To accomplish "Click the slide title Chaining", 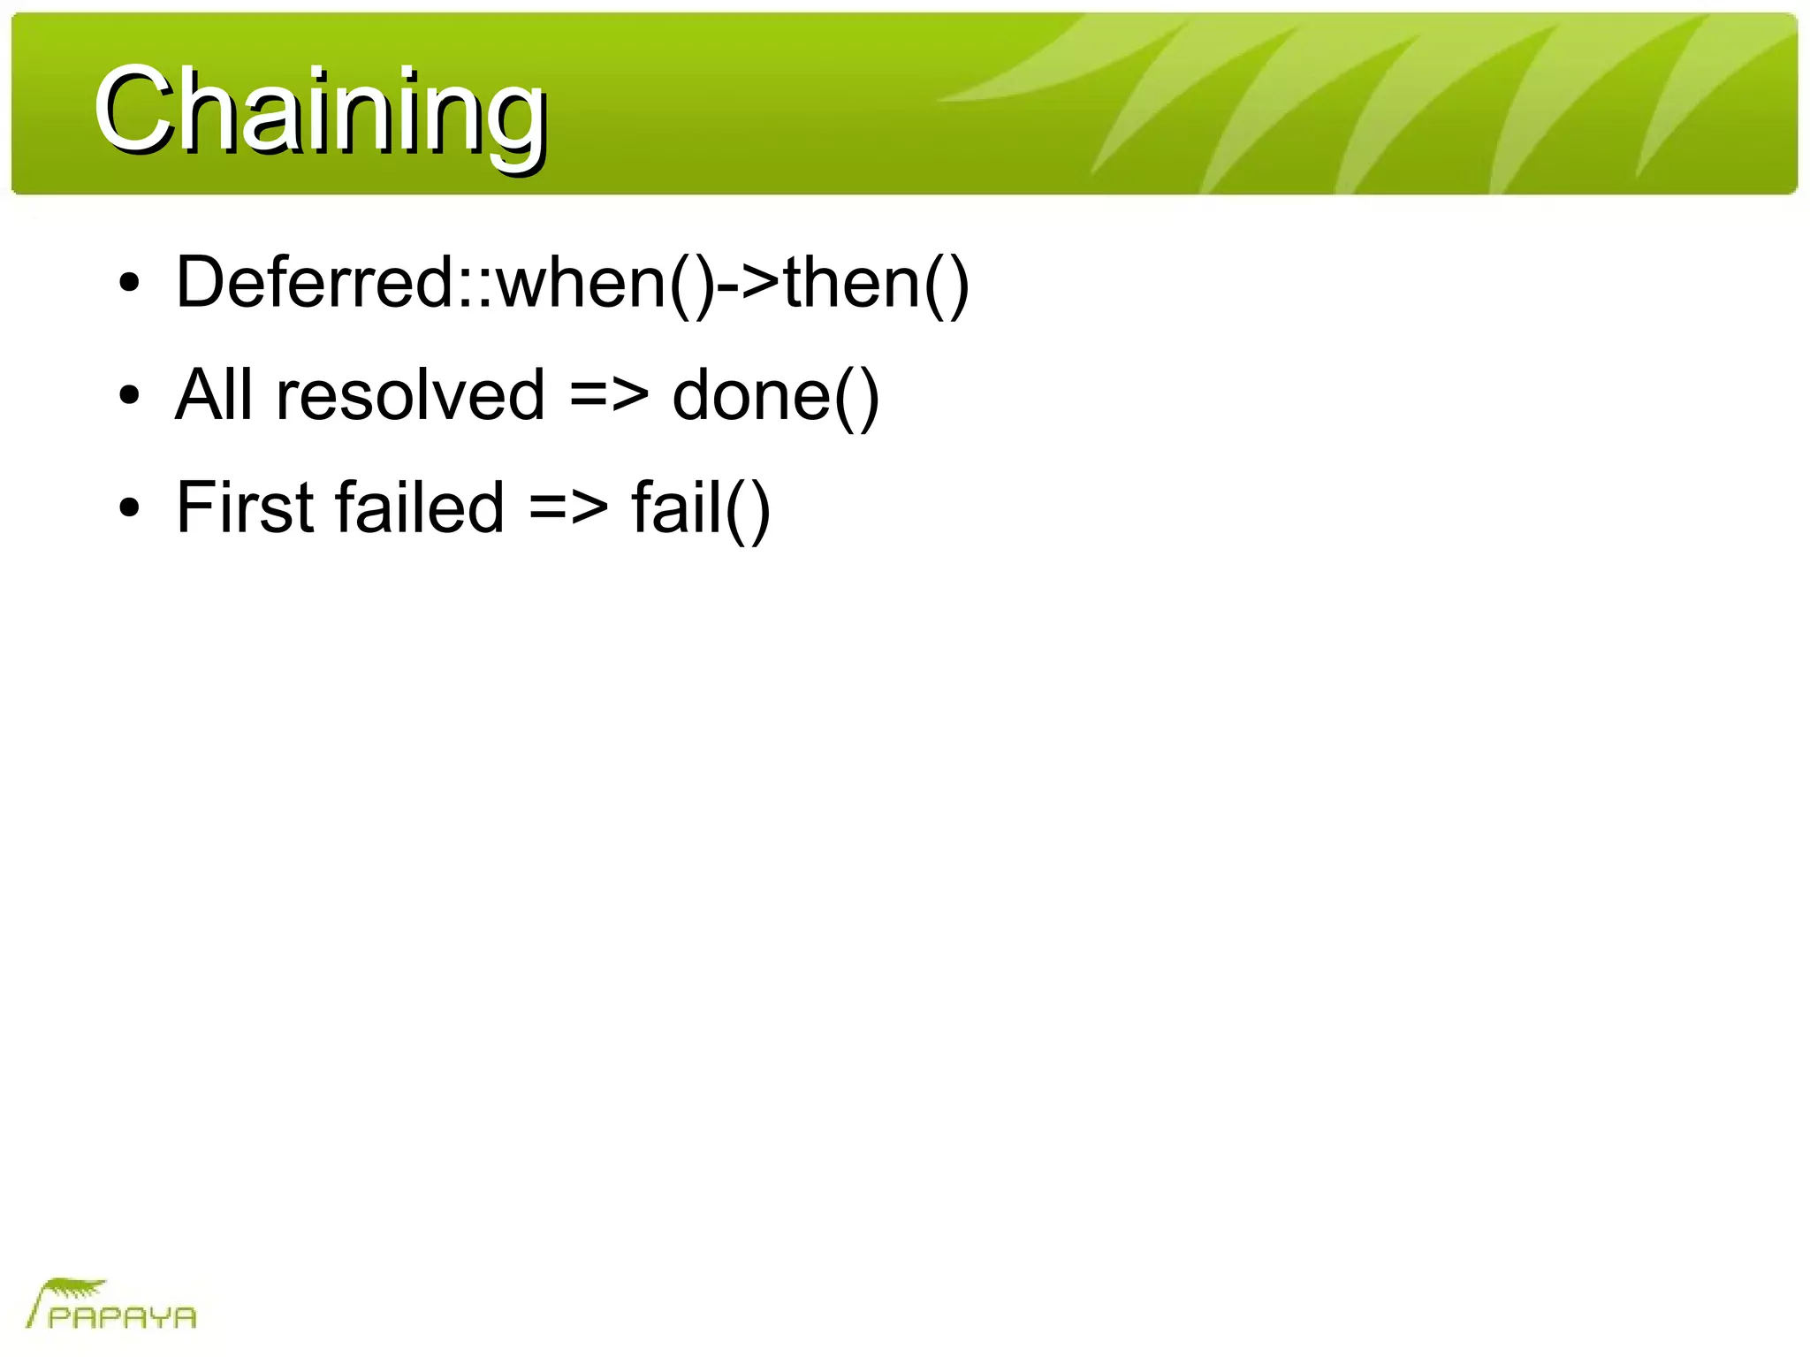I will [320, 112].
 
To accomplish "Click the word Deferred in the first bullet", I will [315, 283].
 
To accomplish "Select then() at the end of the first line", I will [876, 283].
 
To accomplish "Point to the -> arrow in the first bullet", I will [749, 283].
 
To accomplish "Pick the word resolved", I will [410, 394].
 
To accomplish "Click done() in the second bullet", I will [775, 396].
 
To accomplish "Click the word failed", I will [420, 507].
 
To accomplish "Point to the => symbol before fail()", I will [568, 508].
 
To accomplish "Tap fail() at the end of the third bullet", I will [701, 508].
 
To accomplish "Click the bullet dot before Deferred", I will [130, 285].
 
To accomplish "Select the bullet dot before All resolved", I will [130, 397].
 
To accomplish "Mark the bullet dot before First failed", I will [130, 509].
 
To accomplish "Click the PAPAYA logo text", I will [122, 1318].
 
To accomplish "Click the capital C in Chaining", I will [132, 112].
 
